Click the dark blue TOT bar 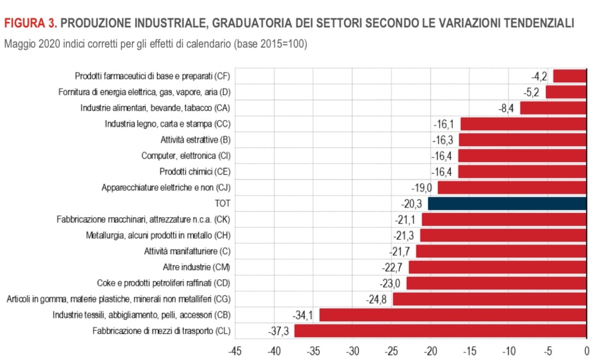click(507, 203)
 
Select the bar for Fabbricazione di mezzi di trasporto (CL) click(440, 331)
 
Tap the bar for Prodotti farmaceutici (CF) click(569, 76)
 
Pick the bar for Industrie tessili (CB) click(453, 315)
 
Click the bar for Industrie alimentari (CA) click(553, 108)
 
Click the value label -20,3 click(413, 203)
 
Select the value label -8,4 click(506, 108)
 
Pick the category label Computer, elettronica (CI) click(186, 155)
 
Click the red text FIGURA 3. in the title click(30, 23)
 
